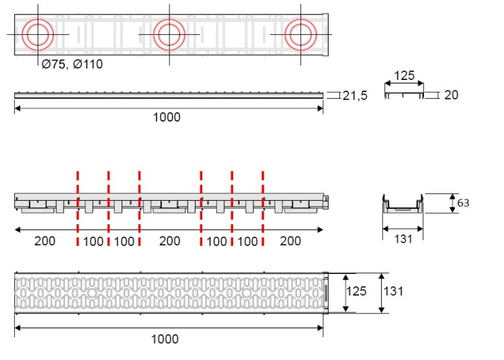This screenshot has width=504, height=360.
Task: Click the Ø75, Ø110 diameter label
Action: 72,64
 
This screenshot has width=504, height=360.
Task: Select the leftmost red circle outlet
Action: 38,19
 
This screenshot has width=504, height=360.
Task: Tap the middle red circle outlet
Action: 169,19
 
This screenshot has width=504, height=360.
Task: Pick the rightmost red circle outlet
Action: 300,19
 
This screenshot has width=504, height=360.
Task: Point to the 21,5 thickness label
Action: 355,95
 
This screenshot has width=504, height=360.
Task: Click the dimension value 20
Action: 451,95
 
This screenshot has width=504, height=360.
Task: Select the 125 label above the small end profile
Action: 404,76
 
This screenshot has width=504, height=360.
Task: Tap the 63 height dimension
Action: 463,203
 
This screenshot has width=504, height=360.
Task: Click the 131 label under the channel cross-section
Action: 403,239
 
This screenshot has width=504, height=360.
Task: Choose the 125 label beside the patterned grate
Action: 356,291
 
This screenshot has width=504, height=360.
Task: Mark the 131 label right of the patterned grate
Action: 393,291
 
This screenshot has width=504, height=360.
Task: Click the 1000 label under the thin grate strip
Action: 167,118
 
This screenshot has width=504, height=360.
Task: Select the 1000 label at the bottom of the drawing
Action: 165,339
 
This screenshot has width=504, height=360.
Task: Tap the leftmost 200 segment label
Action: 44,241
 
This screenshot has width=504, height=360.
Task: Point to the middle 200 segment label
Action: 170,241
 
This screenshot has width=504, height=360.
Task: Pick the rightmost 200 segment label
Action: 290,241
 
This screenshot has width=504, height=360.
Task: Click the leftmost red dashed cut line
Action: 78,209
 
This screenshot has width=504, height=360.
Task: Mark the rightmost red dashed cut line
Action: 263,209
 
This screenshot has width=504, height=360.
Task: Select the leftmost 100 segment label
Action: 93,242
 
